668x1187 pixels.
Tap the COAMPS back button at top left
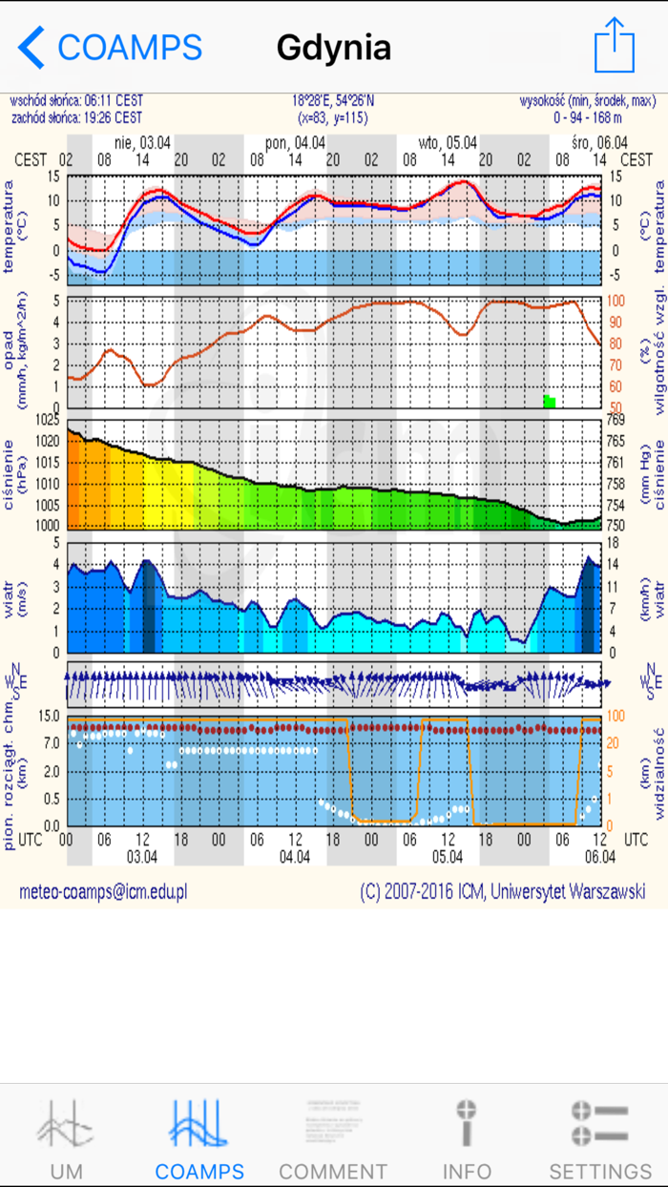click(110, 47)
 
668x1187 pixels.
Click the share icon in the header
click(614, 45)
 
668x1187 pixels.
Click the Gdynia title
click(333, 47)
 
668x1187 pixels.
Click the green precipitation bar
click(550, 401)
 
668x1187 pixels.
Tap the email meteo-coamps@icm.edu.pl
click(103, 891)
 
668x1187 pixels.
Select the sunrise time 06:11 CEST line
click(75, 99)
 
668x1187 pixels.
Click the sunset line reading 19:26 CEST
click(75, 117)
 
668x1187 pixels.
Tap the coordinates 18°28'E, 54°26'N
click(333, 99)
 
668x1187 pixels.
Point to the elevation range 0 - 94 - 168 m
click(588, 117)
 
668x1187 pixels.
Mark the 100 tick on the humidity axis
click(617, 300)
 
